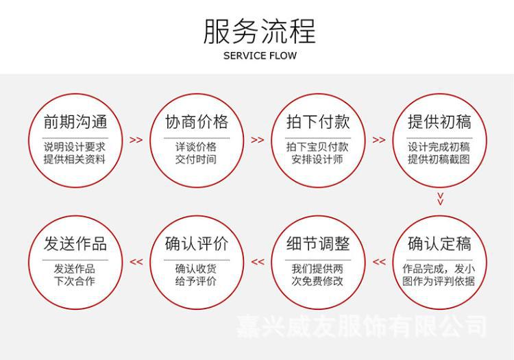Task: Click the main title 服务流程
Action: (259, 32)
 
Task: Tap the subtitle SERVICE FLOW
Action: (260, 56)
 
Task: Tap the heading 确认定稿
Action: (439, 243)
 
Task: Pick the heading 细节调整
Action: (318, 243)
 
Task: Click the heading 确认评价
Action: (197, 243)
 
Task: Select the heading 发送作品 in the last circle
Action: (75, 243)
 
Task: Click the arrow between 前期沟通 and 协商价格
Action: (136, 140)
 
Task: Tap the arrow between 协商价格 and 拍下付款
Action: (258, 140)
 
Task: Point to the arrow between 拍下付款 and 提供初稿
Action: (379, 140)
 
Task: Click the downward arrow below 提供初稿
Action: (441, 199)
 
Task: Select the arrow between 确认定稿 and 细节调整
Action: (379, 261)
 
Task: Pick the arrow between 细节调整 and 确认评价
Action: (258, 261)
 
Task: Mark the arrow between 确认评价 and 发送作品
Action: (136, 261)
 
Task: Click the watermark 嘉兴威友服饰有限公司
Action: (362, 326)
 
